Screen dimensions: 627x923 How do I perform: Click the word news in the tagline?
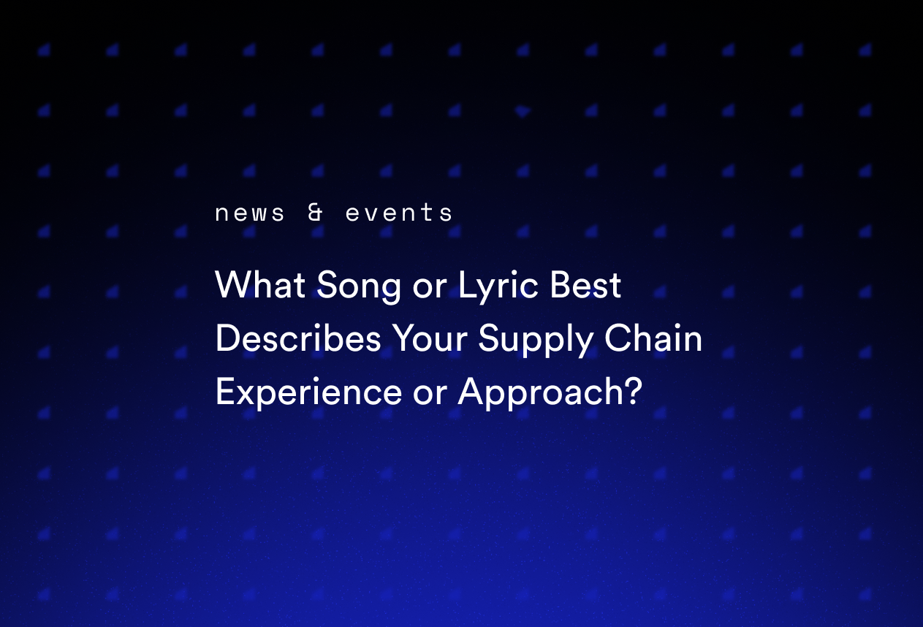coord(250,213)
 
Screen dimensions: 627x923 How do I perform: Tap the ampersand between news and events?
coord(316,213)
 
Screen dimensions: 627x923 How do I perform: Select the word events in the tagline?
coord(399,213)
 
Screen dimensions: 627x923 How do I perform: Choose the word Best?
coord(586,285)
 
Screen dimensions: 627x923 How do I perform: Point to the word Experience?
coord(308,393)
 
